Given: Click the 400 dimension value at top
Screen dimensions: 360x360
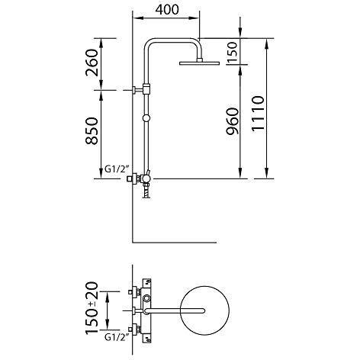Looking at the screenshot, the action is coord(167,10).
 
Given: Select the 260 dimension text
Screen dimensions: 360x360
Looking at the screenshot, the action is coord(92,63).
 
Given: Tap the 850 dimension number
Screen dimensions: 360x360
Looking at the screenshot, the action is coord(92,131).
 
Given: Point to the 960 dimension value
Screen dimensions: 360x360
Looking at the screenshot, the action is coord(233,121).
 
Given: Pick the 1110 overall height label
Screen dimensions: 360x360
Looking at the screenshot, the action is coord(258,114).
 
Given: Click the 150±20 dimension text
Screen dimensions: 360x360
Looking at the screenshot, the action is coord(92,307).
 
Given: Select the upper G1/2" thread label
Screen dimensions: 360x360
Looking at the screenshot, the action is coord(117,169).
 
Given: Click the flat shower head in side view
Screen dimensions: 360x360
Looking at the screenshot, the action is coord(199,63).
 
